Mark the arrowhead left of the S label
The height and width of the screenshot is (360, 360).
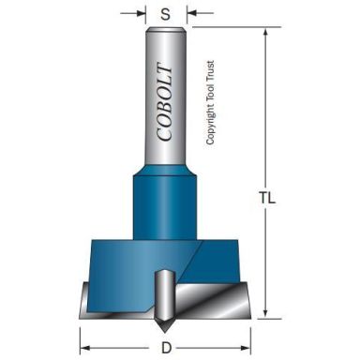coord(142,15)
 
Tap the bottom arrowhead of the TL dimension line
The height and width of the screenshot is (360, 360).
coord(266,316)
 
